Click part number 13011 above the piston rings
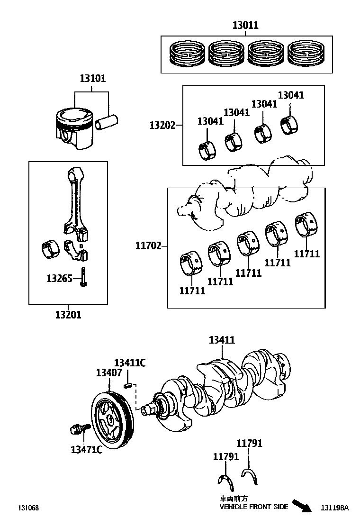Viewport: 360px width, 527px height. point(246,25)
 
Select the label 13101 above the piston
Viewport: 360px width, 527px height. point(93,78)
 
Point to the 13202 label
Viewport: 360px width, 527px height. point(162,126)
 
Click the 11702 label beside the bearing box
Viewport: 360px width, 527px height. point(148,245)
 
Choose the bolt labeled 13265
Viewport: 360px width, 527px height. point(83,277)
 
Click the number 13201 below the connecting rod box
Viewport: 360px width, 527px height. point(68,315)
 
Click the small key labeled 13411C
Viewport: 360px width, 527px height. point(127,385)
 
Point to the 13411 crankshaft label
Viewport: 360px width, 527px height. point(222,340)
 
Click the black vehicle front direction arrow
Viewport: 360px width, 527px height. point(302,506)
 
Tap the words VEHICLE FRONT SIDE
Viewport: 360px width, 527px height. point(254,507)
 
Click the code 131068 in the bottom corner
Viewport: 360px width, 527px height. point(28,508)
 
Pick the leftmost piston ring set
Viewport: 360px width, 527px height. point(187,54)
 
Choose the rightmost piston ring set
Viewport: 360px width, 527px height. point(306,54)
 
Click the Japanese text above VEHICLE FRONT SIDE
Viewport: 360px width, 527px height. point(234,499)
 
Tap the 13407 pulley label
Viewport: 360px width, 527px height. point(109,373)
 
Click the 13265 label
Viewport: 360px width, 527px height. point(59,278)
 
